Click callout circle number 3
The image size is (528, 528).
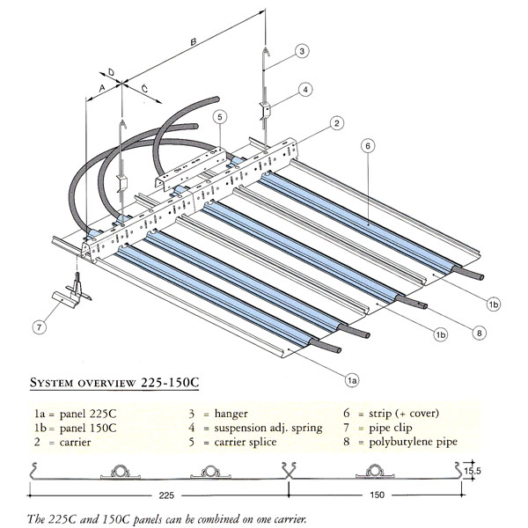301,51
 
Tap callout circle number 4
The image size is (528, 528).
304,89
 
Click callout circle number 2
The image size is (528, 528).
336,124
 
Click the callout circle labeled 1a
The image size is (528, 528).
350,379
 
